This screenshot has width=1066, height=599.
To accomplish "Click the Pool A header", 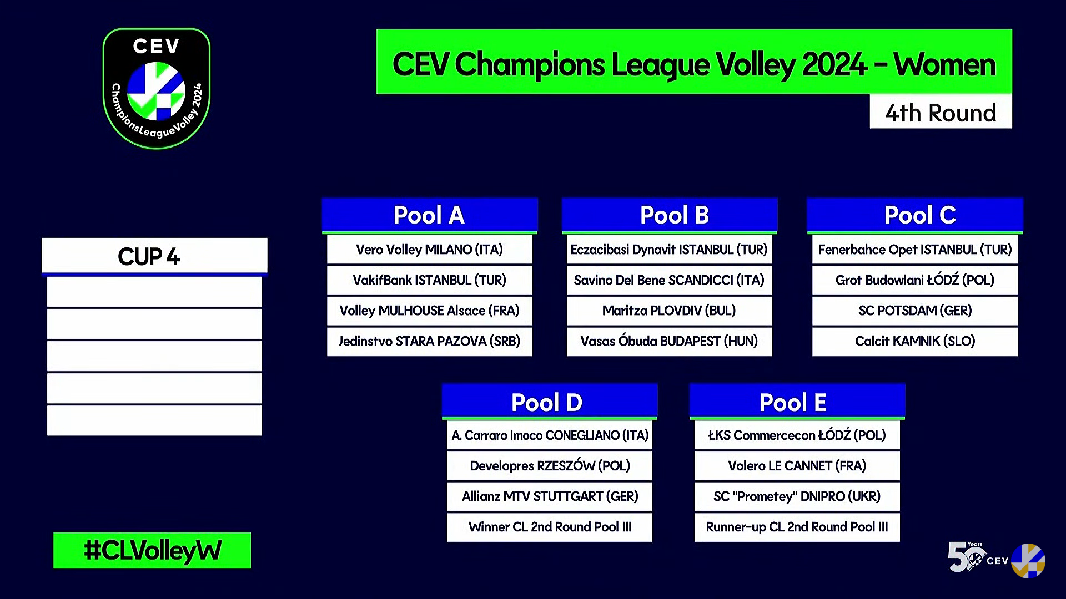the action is (x=429, y=215).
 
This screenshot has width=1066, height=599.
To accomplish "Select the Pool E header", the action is (x=797, y=402).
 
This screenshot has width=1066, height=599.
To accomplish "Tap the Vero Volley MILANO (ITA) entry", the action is (x=429, y=250).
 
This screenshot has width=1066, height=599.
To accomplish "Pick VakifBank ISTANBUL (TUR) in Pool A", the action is (x=429, y=280).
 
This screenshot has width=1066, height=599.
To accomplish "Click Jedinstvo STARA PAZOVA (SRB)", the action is (x=429, y=341).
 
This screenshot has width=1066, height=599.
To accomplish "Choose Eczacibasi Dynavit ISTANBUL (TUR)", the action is (x=669, y=250).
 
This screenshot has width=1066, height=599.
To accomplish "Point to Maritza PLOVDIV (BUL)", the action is (x=669, y=311).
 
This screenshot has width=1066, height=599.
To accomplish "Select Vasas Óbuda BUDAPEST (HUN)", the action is (x=669, y=341).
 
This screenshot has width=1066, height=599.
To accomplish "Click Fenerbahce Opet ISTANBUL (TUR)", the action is (x=914, y=250).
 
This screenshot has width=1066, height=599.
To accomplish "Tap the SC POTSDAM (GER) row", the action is (x=914, y=311).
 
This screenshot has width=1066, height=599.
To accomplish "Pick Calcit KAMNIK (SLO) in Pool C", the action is (x=914, y=341).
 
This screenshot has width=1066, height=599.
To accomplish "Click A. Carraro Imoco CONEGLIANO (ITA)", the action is (x=549, y=435).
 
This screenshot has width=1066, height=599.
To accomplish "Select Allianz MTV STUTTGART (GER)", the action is (x=549, y=496).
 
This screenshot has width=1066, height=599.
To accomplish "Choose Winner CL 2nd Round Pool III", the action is (x=549, y=527).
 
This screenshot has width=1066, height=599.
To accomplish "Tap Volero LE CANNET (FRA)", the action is (x=797, y=466).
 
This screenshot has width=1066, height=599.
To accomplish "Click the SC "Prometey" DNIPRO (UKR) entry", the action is (x=797, y=496).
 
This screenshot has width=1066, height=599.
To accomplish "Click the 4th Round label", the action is (x=941, y=113).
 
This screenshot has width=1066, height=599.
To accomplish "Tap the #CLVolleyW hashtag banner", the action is (x=152, y=550).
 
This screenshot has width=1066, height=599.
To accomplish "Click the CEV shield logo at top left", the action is (x=157, y=88).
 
